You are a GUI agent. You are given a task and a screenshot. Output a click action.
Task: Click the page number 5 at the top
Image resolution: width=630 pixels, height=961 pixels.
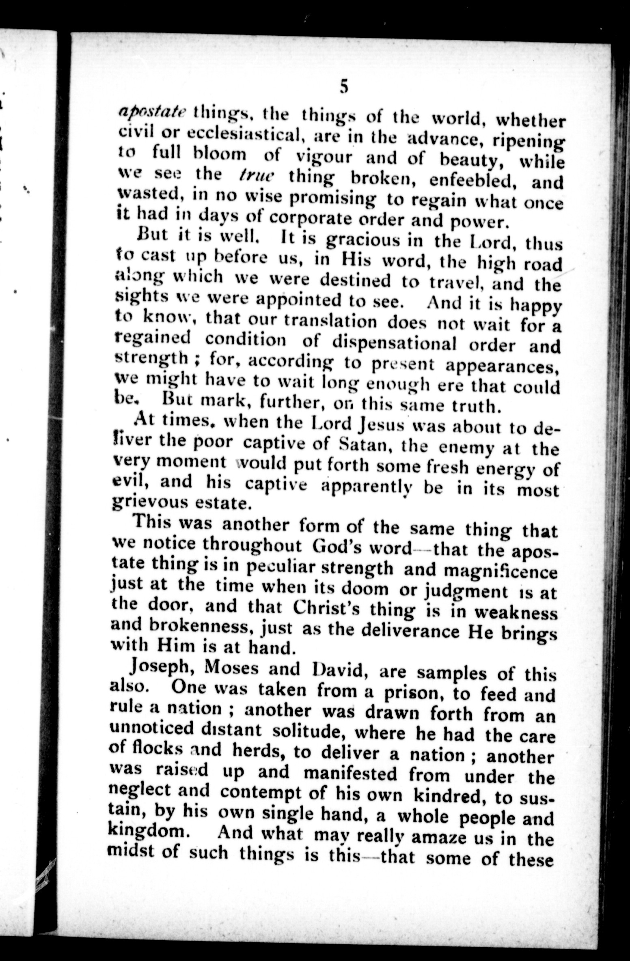(344, 87)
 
